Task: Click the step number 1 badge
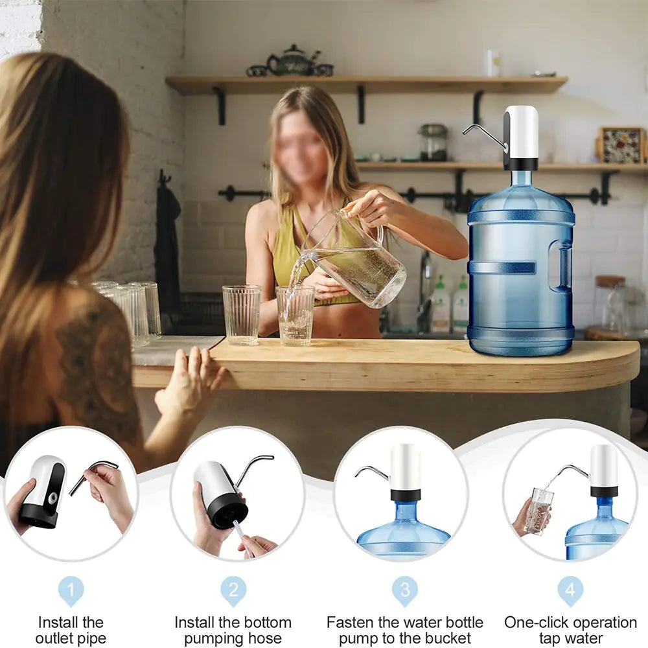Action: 71,591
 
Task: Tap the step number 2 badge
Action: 233,591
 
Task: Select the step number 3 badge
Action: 404,591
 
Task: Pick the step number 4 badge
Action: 570,591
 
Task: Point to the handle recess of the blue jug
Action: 560,266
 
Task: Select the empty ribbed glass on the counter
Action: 242,314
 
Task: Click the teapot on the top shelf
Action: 292,62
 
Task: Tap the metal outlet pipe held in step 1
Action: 93,472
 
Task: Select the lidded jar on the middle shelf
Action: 434,142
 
